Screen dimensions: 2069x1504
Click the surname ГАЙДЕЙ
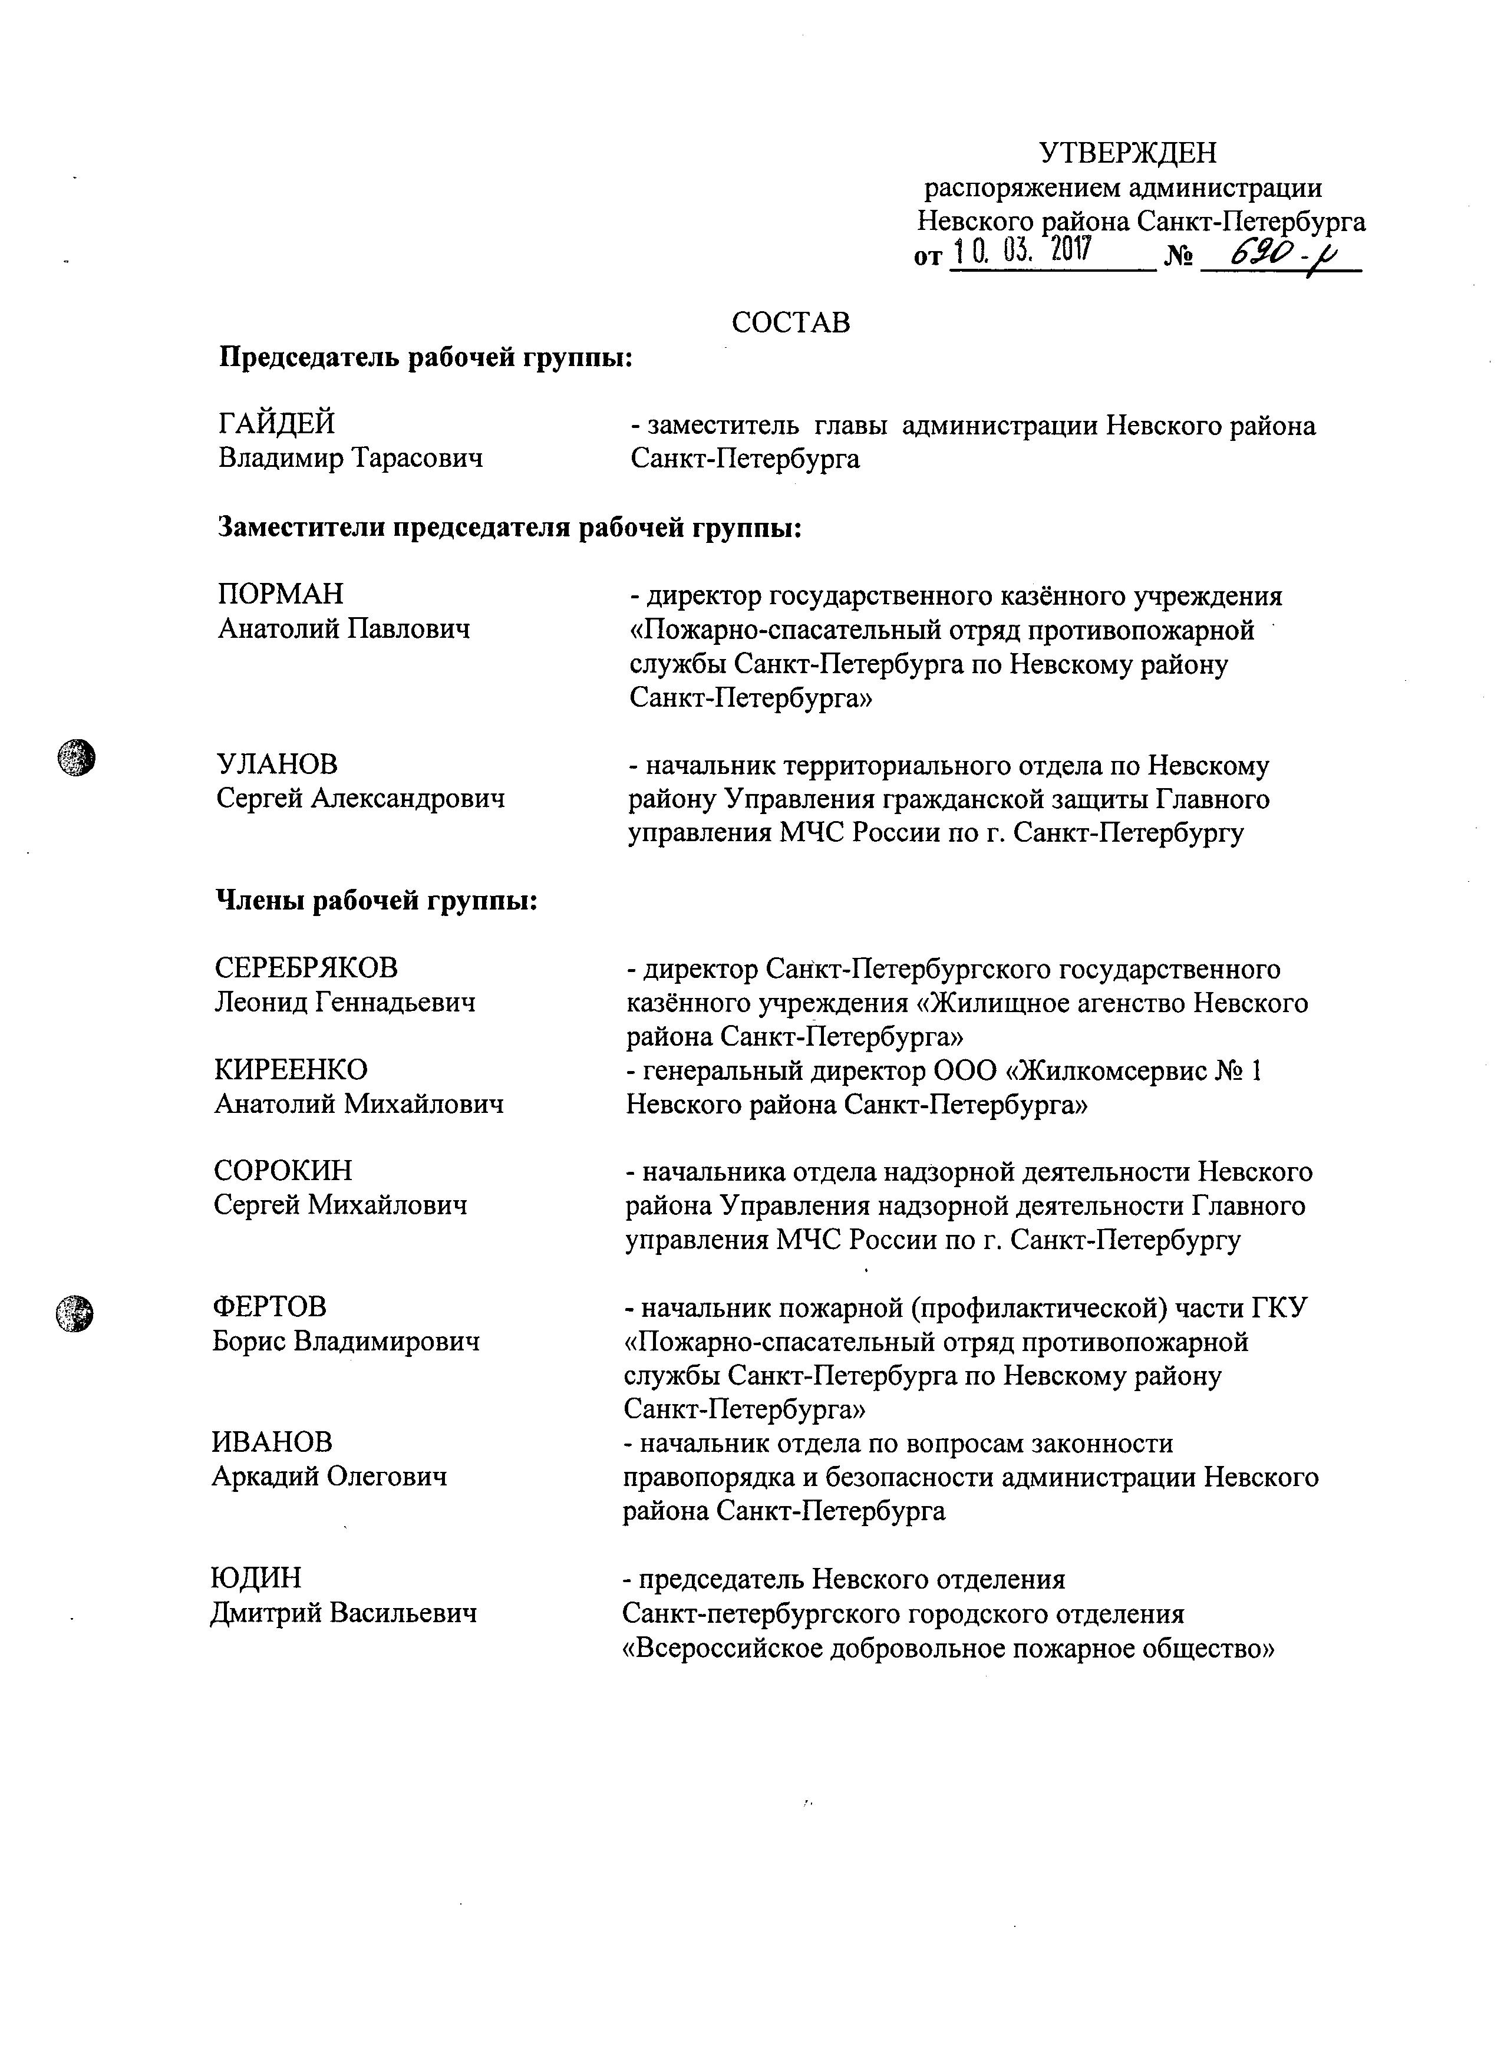coord(276,423)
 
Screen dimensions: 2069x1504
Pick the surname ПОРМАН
coord(281,594)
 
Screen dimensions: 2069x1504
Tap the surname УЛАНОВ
coord(276,765)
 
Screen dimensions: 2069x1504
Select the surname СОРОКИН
coord(283,1171)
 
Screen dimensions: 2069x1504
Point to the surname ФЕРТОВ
coord(269,1306)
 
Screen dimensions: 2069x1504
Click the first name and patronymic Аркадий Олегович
coord(329,1476)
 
